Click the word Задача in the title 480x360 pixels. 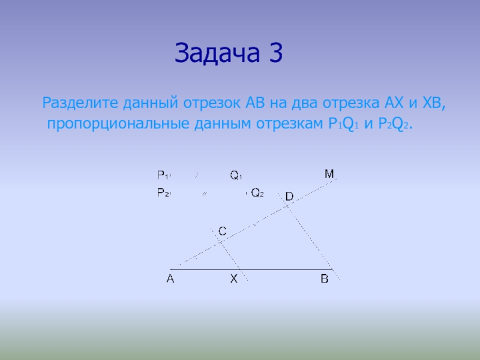[217, 53]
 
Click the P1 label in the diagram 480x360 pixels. [163, 175]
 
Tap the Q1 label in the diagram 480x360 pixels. [236, 175]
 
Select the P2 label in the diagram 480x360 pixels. [163, 193]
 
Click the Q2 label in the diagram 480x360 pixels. [257, 193]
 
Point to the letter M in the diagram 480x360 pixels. [329, 174]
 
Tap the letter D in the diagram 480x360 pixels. [289, 196]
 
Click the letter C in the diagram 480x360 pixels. [223, 231]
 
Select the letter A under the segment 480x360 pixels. [170, 278]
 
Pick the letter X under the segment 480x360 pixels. [234, 278]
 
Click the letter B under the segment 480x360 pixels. [325, 278]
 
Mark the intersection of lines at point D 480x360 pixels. [287, 206]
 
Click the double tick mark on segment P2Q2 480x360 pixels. [205, 193]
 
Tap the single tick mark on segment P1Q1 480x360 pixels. [197, 175]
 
